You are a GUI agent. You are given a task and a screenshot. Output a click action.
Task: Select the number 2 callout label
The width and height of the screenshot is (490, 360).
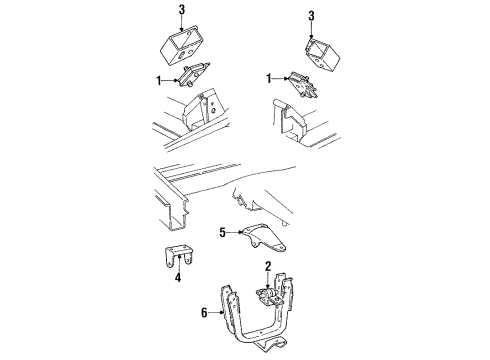[268, 267]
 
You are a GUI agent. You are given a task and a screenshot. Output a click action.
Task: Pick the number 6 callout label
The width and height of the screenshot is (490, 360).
[205, 312]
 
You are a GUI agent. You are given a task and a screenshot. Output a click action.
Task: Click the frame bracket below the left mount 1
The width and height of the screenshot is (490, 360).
[203, 109]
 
